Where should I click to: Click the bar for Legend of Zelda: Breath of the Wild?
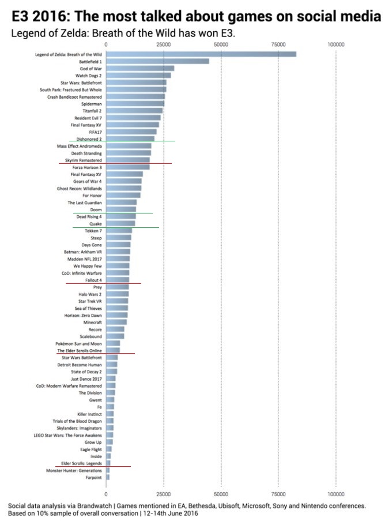pos(201,54)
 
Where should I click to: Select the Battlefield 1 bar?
pos(157,61)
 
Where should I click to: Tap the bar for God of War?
pos(140,68)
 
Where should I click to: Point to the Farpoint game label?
pos(93,477)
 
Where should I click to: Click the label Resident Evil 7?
pos(89,118)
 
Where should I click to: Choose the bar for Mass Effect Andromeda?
pos(129,146)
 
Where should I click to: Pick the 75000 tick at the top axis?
pos(278,44)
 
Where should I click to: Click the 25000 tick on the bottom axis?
pos(163,494)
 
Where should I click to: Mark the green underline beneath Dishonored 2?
pos(122,141)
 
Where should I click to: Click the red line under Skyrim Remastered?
pos(115,164)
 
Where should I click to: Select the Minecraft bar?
pos(116,322)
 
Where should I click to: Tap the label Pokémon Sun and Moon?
pos(80,343)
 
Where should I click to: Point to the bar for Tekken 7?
pos(119,231)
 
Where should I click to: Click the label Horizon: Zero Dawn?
pos(84,315)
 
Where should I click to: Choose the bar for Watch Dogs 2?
pos(138,75)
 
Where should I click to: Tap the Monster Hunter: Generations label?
pos(74,470)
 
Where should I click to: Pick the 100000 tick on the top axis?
pos(336,44)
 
